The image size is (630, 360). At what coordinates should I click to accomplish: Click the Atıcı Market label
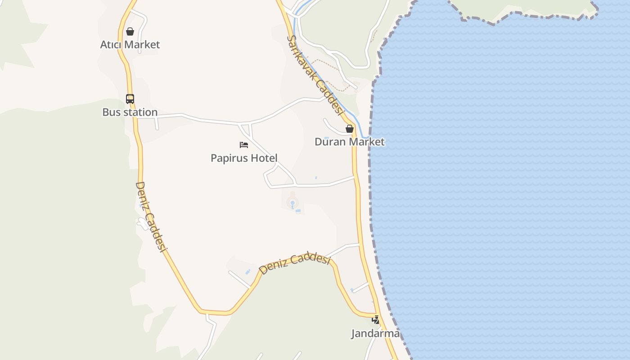[130, 45]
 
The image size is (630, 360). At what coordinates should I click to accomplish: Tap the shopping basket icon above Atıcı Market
[130, 31]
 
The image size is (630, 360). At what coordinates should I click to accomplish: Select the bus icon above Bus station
[130, 99]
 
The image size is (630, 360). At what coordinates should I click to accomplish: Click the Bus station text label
[130, 112]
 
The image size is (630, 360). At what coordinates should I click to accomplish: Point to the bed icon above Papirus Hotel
[244, 145]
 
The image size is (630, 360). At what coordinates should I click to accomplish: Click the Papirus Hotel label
[244, 158]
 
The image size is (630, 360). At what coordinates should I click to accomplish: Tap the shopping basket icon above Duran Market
[349, 129]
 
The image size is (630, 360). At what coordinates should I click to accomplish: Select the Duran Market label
[349, 142]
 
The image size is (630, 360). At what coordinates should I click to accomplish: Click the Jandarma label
[375, 333]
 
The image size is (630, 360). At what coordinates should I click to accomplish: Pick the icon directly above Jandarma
[375, 320]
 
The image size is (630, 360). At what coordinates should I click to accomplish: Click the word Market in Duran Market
[367, 142]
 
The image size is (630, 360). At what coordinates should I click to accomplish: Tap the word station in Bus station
[141, 112]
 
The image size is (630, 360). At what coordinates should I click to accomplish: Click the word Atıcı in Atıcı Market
[111, 45]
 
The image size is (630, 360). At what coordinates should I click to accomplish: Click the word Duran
[331, 142]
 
